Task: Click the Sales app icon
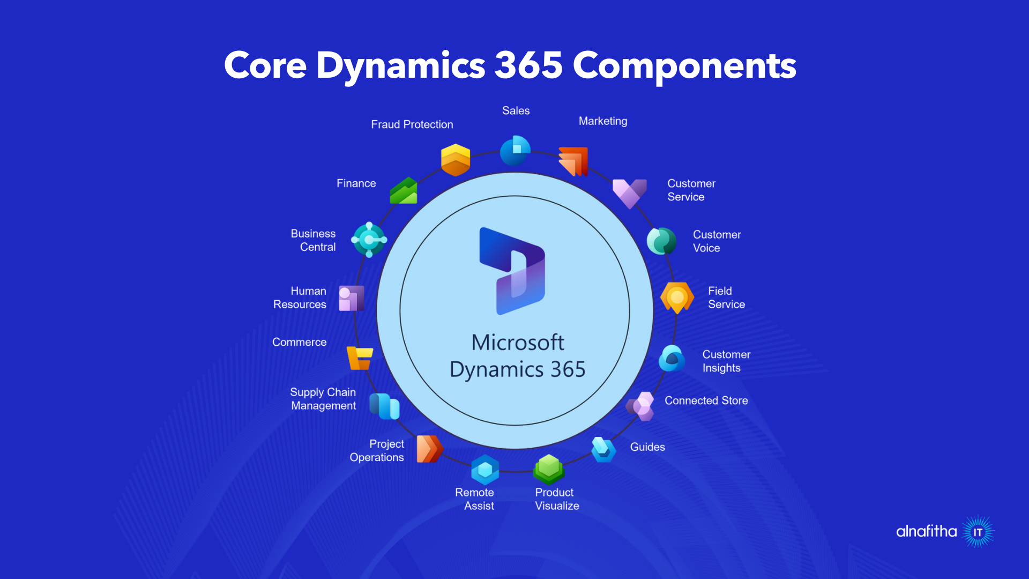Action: click(515, 151)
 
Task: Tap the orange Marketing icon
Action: click(573, 161)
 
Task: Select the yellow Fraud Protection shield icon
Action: click(456, 160)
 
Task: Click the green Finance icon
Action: click(404, 191)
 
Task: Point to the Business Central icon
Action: click(369, 240)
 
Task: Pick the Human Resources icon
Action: click(352, 298)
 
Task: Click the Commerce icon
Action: click(360, 358)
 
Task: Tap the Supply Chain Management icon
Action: click(384, 406)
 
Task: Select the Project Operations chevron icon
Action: click(429, 449)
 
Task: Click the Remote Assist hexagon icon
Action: click(485, 470)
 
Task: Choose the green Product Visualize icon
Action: click(549, 469)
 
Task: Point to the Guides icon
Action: click(603, 449)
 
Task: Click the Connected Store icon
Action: click(640, 406)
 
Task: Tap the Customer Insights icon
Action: click(672, 359)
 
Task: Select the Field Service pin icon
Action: click(677, 298)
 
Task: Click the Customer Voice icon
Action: click(661, 241)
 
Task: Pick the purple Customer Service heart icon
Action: click(630, 193)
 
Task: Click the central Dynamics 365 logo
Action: click(512, 271)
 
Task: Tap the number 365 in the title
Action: click(528, 65)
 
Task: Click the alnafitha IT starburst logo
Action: click(978, 532)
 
